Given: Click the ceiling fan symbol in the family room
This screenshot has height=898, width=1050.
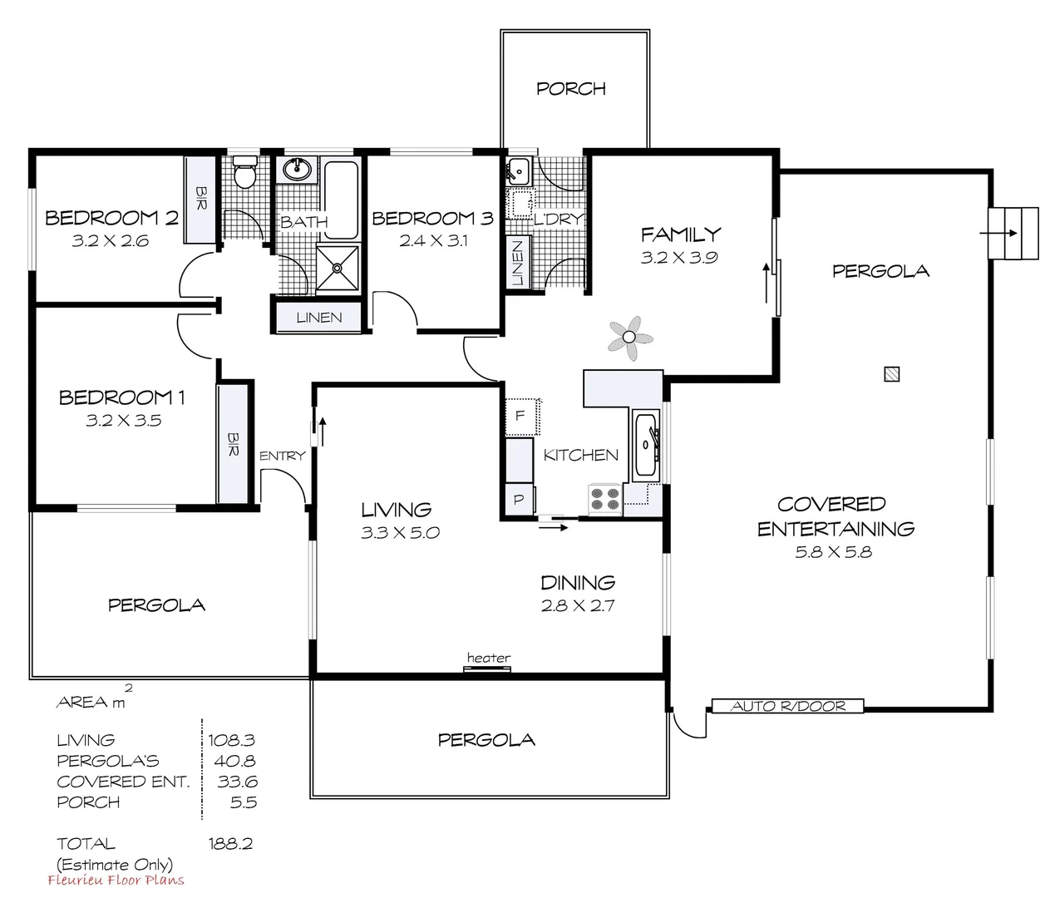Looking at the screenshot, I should coord(630,338).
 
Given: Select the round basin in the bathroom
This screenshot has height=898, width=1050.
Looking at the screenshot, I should coord(296,170).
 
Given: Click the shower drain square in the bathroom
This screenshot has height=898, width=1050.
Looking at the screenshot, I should coord(338,268).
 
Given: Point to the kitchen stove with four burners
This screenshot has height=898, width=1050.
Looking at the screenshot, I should coord(604,498).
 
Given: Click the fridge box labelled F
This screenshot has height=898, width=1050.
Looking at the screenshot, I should coord(521,416).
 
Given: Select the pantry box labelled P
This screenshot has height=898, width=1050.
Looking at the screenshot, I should coord(519,500).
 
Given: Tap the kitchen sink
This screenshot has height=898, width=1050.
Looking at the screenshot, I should coord(645,445).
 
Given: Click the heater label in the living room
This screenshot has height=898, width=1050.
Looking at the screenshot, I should coord(488,658).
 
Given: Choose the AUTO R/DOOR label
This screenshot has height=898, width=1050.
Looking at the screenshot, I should coord(787,706).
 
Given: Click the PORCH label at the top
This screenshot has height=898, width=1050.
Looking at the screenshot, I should coord(571,88).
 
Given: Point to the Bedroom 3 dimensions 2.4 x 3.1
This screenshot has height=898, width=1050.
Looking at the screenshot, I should coord(433,241).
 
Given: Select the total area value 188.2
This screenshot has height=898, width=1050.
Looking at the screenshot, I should coord(230,843).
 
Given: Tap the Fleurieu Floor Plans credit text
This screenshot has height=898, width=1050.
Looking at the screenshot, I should coord(116,881).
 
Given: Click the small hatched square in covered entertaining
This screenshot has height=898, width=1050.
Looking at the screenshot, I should coord(892,374).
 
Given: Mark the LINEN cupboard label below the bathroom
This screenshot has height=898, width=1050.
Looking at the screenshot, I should coord(318,318).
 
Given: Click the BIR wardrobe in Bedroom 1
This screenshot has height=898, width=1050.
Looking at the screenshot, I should coord(233,443).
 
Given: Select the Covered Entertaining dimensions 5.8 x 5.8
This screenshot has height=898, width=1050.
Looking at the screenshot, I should coord(833,551).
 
